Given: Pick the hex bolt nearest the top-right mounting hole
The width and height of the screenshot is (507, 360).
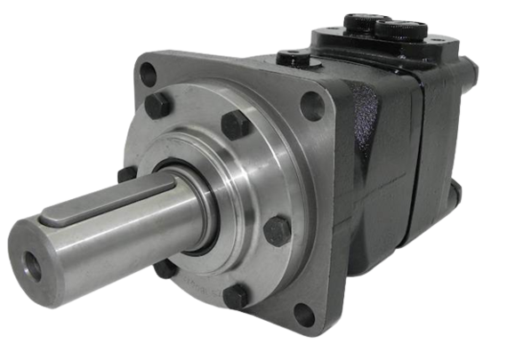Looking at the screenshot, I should [235, 124].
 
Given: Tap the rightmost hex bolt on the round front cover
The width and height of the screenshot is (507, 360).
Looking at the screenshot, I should [278, 230].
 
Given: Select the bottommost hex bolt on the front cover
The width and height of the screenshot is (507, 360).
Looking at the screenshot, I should [236, 295].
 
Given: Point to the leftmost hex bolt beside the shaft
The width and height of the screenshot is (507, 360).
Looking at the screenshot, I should [126, 173].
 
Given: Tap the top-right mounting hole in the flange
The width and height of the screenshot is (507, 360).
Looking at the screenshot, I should [312, 106].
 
